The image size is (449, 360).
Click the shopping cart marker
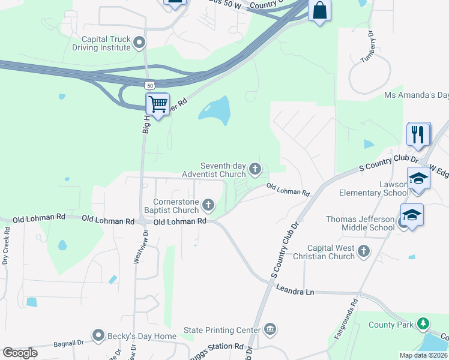[158, 104]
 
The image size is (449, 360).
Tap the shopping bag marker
[319, 10]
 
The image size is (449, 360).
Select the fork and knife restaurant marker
[418, 134]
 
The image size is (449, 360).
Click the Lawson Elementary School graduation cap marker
[418, 178]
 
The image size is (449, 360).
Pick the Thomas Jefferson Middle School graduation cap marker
[412, 215]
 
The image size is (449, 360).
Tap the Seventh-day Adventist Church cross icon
[255, 169]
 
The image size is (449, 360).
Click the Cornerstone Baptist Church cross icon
[208, 206]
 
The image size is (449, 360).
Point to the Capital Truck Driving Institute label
[106, 43]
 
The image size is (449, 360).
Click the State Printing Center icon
[270, 329]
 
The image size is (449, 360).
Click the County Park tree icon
[424, 324]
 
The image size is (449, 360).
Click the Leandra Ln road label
[295, 289]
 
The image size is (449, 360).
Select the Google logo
[20, 352]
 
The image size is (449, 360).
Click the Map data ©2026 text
[423, 355]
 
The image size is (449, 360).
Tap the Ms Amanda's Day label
[416, 95]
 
